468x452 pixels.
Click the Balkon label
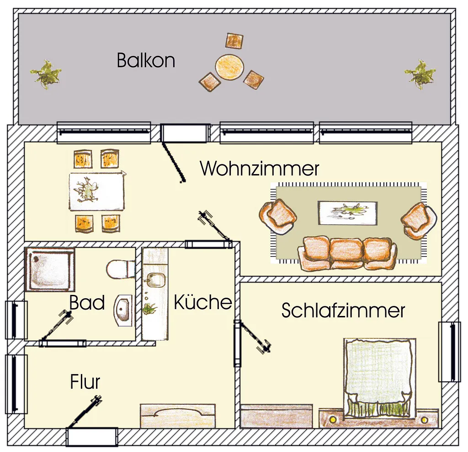click(x=146, y=60)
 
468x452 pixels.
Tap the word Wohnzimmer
click(x=259, y=169)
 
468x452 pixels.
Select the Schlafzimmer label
click(x=343, y=310)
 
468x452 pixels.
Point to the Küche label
click(x=203, y=302)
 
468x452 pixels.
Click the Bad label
click(x=87, y=303)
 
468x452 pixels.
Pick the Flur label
click(x=85, y=381)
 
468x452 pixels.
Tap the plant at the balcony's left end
click(x=46, y=74)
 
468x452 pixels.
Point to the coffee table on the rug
click(x=348, y=213)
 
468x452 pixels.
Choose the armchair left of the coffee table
click(x=278, y=217)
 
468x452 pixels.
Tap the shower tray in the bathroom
click(x=49, y=269)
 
